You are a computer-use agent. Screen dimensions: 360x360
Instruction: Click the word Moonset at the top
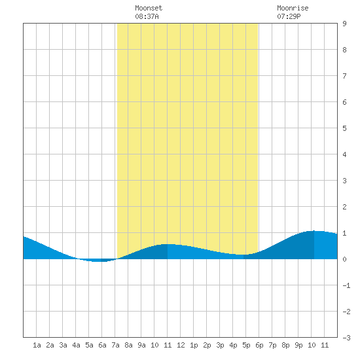[149, 8]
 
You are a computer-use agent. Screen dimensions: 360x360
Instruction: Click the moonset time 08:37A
[147, 16]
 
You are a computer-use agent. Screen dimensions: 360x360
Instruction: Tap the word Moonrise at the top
[293, 8]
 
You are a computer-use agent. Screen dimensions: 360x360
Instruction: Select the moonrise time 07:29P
[289, 16]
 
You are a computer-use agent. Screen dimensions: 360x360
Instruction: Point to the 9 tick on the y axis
[344, 24]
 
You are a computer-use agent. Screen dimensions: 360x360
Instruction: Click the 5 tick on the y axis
[344, 128]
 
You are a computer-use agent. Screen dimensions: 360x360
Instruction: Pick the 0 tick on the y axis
[344, 259]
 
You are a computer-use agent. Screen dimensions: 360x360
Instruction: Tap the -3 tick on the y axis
[346, 338]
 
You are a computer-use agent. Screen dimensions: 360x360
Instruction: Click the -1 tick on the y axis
[346, 285]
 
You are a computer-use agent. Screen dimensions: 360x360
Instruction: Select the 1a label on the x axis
[37, 345]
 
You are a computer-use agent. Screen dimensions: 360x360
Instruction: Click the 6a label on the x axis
[102, 345]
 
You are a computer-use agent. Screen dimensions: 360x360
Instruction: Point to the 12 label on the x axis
[181, 345]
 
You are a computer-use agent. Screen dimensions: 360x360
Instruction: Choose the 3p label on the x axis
[220, 345]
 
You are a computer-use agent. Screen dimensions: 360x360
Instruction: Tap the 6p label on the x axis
[259, 345]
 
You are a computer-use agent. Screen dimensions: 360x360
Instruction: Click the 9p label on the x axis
[298, 345]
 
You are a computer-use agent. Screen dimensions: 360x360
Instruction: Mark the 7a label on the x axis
[115, 345]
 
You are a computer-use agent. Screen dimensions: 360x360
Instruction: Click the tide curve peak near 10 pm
[314, 231]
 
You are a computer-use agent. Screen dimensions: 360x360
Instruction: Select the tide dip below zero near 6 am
[98, 261]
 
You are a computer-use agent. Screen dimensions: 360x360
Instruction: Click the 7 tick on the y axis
[344, 76]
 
